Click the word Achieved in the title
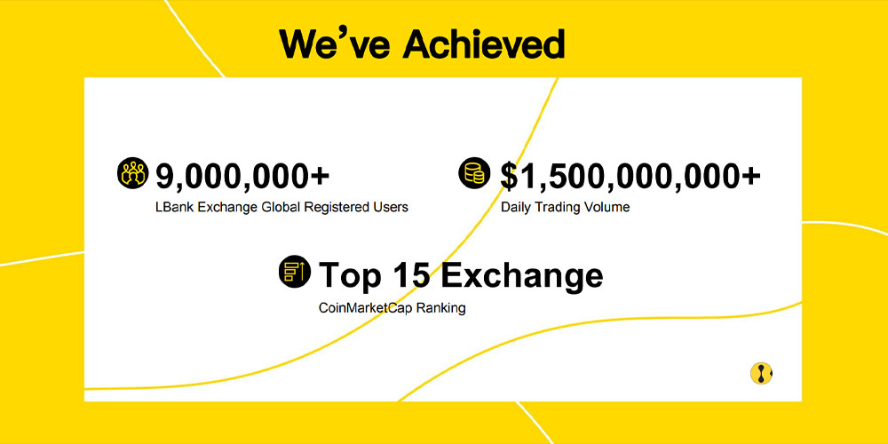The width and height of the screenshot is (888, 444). click(484, 44)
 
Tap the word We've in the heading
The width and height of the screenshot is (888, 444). click(335, 44)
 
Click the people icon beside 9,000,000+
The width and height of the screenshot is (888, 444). click(132, 173)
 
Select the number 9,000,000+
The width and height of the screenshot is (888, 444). click(242, 175)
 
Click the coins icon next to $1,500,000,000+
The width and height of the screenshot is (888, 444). click(474, 173)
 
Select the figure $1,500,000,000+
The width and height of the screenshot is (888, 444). click(630, 176)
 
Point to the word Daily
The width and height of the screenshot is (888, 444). click(515, 207)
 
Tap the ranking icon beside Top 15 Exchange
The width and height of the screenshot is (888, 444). click(295, 271)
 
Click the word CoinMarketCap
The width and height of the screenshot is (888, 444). click(365, 309)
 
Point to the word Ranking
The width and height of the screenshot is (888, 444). click(440, 309)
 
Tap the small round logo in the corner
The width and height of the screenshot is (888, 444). click(761, 374)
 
